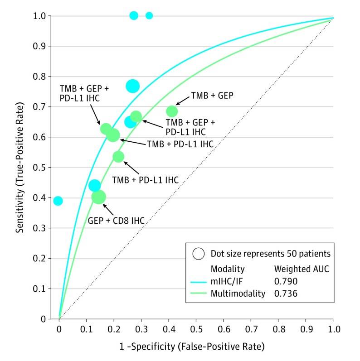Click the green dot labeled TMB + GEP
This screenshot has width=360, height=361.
pos(171,111)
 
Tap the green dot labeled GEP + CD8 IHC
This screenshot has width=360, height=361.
pos(98,197)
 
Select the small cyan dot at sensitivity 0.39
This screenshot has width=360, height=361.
pos(58,201)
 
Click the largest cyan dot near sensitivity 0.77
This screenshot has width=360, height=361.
pos(132,86)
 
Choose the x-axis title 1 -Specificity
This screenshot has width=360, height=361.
pos(191,347)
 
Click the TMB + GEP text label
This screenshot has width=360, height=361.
pos(210,96)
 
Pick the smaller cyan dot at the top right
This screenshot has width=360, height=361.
pos(149,16)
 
